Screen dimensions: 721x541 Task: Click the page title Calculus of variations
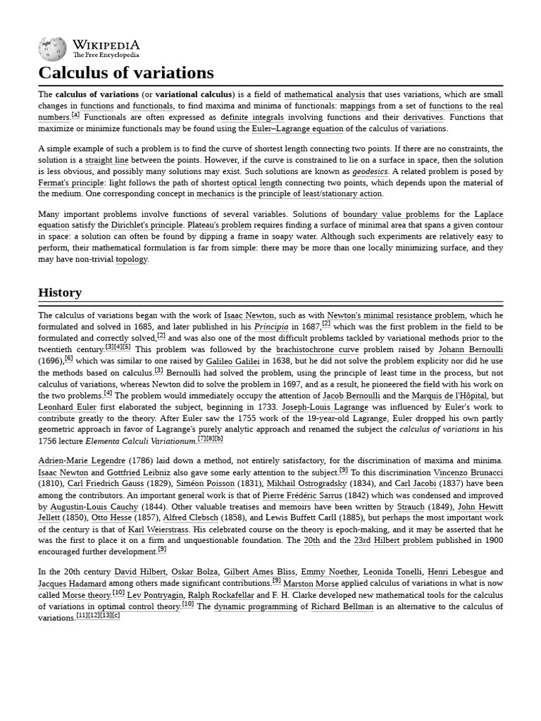click(126, 73)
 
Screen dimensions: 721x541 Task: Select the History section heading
click(60, 292)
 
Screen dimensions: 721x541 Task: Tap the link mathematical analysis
click(325, 94)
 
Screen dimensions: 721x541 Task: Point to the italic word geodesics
click(371, 172)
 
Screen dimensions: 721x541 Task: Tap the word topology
click(132, 259)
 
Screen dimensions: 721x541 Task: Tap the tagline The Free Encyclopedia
click(106, 55)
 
